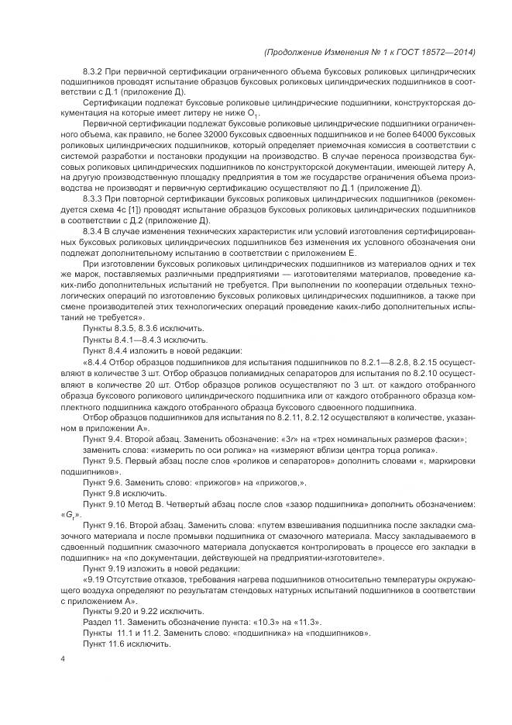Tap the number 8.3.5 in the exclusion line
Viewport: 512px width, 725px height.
pyautogui.click(x=127, y=328)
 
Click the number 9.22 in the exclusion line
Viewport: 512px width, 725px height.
pyautogui.click(x=146, y=611)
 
